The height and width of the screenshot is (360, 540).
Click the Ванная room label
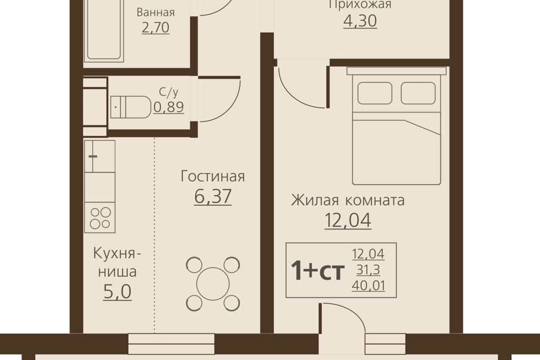[156, 12]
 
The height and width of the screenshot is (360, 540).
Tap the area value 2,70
[156, 28]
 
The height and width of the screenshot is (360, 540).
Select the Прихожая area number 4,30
[360, 21]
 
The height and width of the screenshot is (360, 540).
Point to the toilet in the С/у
[130, 107]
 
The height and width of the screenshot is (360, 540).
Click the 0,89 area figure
[169, 107]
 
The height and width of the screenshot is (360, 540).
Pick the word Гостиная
[213, 176]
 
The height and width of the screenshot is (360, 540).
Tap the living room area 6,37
[213, 196]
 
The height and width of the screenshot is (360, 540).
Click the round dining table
[213, 283]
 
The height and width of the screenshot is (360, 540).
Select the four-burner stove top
[100, 217]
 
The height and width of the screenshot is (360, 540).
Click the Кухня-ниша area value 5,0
[118, 292]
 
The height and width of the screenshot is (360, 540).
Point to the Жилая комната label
[348, 200]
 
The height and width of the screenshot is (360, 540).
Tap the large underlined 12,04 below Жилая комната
[348, 220]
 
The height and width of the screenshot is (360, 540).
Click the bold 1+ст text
[317, 271]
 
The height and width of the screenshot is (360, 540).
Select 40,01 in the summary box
[368, 286]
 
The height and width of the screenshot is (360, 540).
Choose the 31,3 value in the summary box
[368, 270]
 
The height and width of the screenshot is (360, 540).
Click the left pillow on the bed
[375, 93]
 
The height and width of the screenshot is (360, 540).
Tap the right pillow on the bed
[418, 93]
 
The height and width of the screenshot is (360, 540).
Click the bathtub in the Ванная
[103, 31]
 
